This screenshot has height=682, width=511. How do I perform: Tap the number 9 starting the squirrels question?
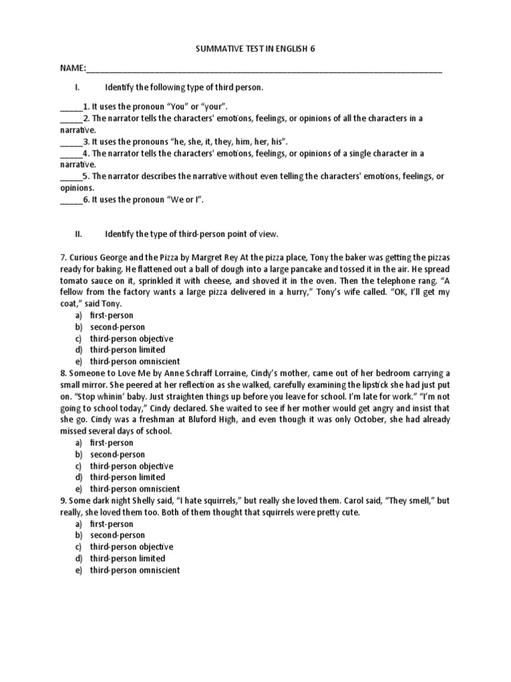(63, 501)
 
